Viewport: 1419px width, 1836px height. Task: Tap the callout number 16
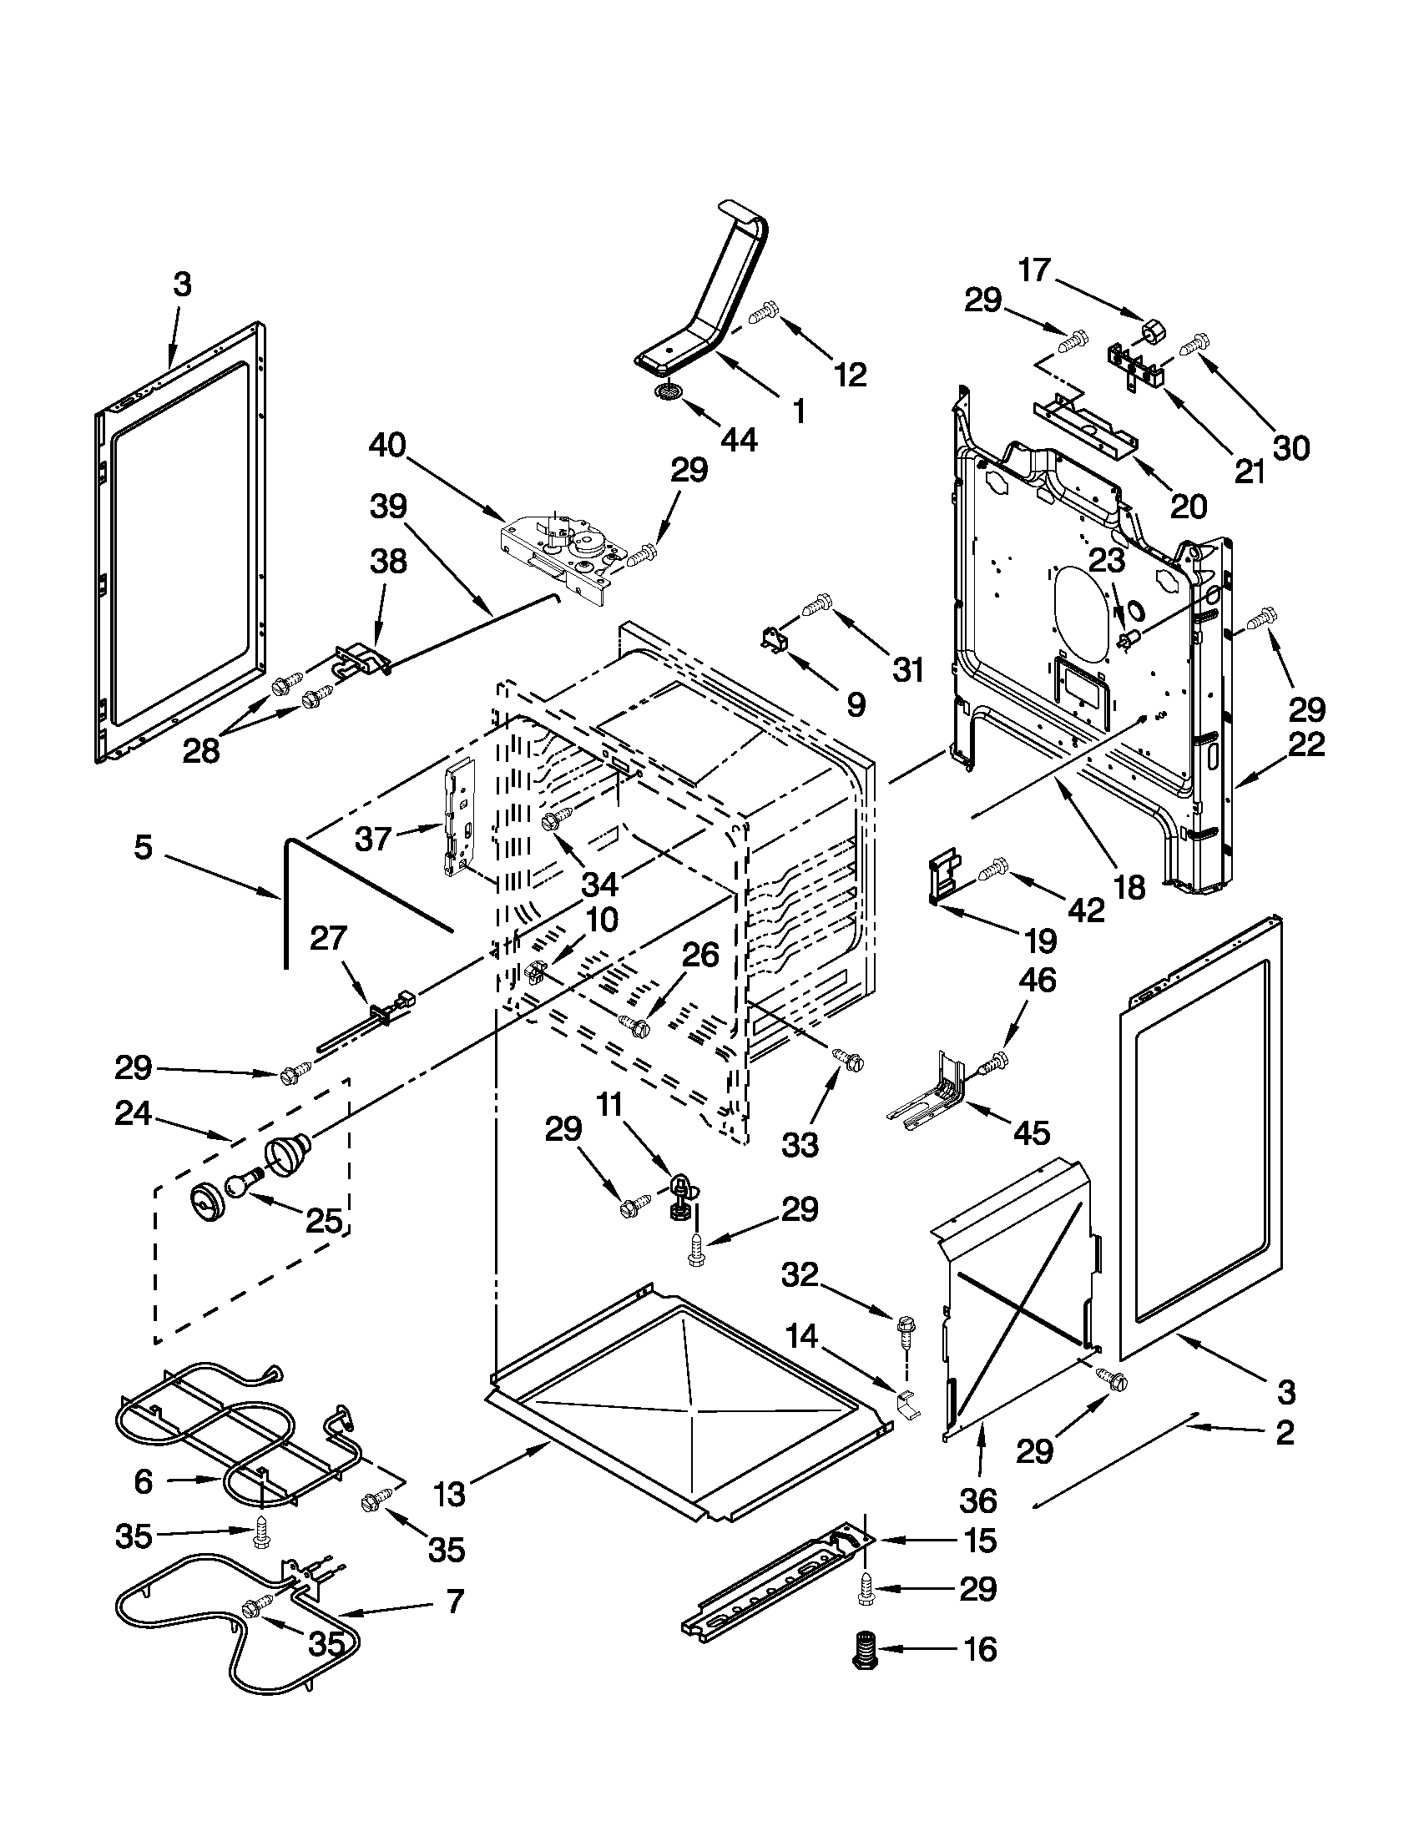pos(979,1649)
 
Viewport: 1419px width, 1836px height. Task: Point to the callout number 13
pos(451,1493)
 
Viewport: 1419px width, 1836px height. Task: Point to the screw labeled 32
pos(906,1329)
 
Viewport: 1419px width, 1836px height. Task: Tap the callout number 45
pos(1032,1133)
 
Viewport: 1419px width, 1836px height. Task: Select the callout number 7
pos(455,1602)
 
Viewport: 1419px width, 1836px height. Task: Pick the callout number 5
pos(143,846)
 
